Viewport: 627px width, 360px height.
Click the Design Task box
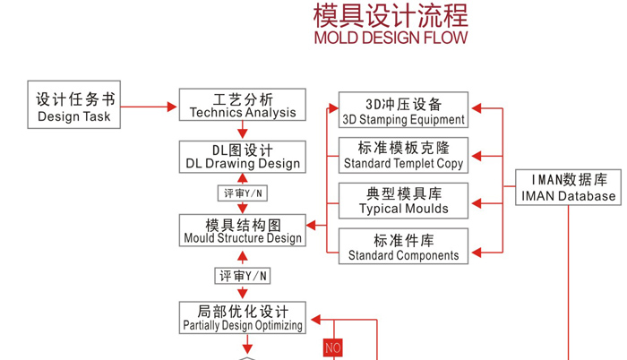pyautogui.click(x=75, y=107)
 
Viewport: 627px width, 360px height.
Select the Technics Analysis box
pyautogui.click(x=242, y=105)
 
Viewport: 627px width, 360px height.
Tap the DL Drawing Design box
pyautogui.click(x=242, y=157)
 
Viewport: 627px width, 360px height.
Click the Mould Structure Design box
pyautogui.click(x=242, y=231)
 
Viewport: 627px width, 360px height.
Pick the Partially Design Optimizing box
pyautogui.click(x=242, y=318)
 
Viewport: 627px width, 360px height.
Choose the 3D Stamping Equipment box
pyautogui.click(x=403, y=110)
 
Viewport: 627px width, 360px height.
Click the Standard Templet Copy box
pyautogui.click(x=403, y=155)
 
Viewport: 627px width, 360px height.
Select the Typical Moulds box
pyautogui.click(x=403, y=201)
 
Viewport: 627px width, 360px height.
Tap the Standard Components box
pyautogui.click(x=403, y=246)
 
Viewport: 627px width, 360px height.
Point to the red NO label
pyautogui.click(x=332, y=347)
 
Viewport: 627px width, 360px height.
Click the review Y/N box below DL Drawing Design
pyautogui.click(x=242, y=193)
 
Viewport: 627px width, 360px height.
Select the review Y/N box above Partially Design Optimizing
pyautogui.click(x=242, y=276)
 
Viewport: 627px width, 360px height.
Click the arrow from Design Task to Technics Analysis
pyautogui.click(x=149, y=107)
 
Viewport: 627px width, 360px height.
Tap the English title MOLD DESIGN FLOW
pyautogui.click(x=390, y=38)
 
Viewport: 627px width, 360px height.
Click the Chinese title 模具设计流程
pyautogui.click(x=390, y=15)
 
